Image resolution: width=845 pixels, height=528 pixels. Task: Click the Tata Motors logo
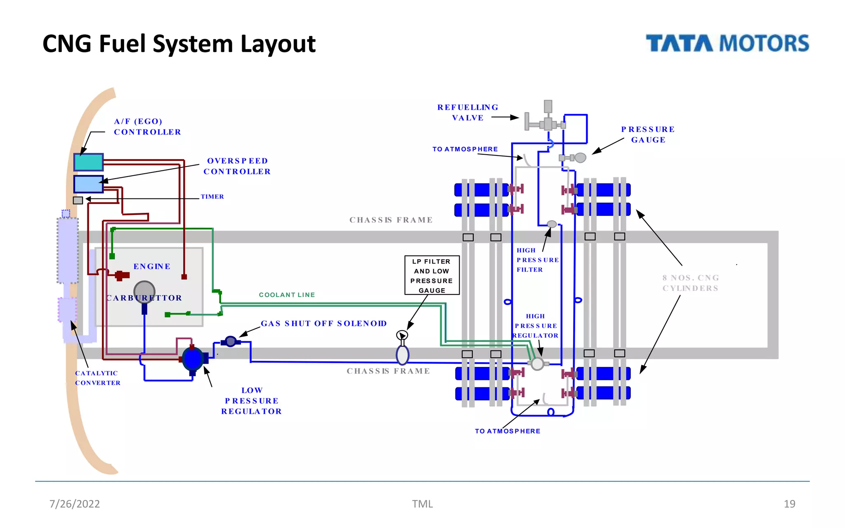click(727, 43)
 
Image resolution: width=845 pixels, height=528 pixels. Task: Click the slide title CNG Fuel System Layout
click(179, 44)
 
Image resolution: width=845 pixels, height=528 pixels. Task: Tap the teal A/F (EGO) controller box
click(88, 162)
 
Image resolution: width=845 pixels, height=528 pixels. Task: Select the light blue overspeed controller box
click(88, 184)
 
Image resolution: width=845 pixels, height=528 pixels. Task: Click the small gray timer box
click(78, 200)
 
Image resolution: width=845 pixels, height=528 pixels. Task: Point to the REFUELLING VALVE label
click(467, 113)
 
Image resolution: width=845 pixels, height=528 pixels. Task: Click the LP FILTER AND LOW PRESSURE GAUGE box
click(432, 276)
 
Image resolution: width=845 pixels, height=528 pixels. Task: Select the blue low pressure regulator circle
click(192, 358)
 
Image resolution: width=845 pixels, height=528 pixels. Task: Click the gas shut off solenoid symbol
click(231, 342)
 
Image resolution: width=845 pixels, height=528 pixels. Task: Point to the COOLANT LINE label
click(287, 295)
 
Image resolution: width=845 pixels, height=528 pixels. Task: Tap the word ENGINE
click(152, 266)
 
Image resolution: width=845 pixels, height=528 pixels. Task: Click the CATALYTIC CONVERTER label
click(97, 378)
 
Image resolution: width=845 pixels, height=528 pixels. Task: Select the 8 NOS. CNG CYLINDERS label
click(690, 283)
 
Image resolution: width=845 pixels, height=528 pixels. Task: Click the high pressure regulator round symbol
click(537, 364)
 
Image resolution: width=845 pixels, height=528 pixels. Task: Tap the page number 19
click(789, 504)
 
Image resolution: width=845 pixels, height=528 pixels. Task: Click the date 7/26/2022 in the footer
click(75, 504)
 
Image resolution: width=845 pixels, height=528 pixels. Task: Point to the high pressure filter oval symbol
click(552, 224)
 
